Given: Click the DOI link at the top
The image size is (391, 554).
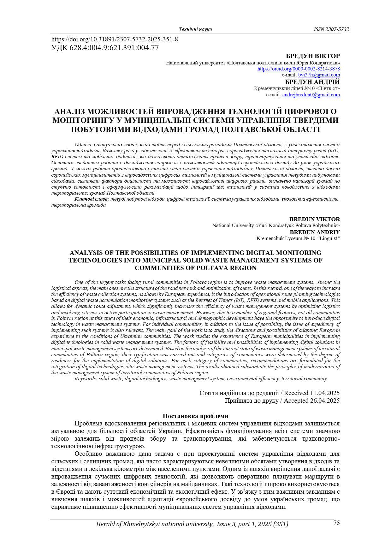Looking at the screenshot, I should tap(115, 39).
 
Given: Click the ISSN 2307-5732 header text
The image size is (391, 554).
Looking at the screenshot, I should tap(331, 29).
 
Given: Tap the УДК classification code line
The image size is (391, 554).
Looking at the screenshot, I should tap(105, 48).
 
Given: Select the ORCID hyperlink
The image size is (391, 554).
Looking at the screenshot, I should tap(298, 69).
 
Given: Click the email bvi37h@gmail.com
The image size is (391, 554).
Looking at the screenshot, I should tap(319, 75).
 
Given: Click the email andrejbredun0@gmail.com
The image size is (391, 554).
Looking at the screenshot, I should tap(311, 94).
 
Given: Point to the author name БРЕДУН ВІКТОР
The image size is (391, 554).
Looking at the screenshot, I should tap(313, 56).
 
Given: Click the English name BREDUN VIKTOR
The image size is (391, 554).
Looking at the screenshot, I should tap(314, 219).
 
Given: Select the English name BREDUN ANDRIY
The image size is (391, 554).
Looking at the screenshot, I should tap(315, 232).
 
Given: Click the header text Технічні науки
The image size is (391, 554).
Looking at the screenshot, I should tap(195, 29).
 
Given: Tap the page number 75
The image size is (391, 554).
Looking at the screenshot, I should tap(336, 523).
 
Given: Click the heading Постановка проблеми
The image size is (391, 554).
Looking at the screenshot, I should tap(195, 416).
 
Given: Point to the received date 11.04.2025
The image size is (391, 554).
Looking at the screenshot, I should tap(325, 393).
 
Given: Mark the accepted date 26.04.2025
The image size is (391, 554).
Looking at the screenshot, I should tap(325, 400).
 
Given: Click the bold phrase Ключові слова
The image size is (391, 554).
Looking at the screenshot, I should tap(91, 199).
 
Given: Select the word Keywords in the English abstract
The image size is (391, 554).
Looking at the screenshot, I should tap(86, 379).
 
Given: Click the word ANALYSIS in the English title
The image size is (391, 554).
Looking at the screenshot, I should tap(86, 253).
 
